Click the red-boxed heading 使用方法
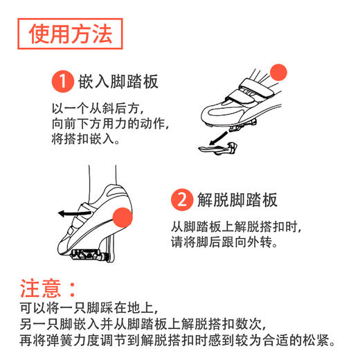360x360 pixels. pos(70,34)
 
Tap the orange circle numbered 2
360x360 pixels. pos(181,200)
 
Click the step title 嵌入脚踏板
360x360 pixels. pos(117,82)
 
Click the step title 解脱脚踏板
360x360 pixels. pos(235,200)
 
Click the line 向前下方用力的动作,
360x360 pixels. pos(111,123)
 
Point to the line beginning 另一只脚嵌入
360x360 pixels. pos(149,323)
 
